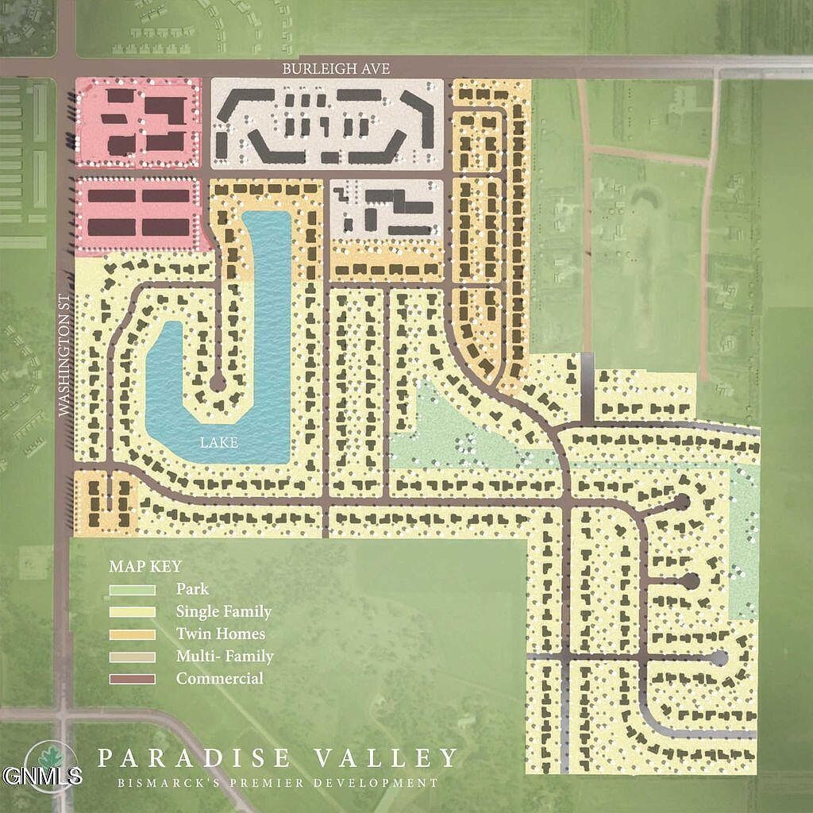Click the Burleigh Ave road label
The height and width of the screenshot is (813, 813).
[x=336, y=69]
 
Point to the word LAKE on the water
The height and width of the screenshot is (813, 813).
[x=220, y=443]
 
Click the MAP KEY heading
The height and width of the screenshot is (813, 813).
[x=145, y=567]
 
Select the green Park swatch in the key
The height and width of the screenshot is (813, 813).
[x=132, y=590]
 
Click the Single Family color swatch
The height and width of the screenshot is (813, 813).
[x=132, y=612]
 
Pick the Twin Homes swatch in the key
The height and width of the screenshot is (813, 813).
[x=132, y=634]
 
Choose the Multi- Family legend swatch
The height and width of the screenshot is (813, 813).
[x=132, y=657]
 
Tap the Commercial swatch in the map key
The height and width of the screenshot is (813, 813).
[x=132, y=679]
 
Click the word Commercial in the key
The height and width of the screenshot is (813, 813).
[x=220, y=679]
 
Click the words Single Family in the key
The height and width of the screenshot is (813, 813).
[x=224, y=612]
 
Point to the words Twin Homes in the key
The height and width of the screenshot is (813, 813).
[x=221, y=634]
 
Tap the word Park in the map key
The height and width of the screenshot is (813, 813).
[x=192, y=590]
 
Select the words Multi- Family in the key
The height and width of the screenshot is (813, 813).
[x=225, y=657]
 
